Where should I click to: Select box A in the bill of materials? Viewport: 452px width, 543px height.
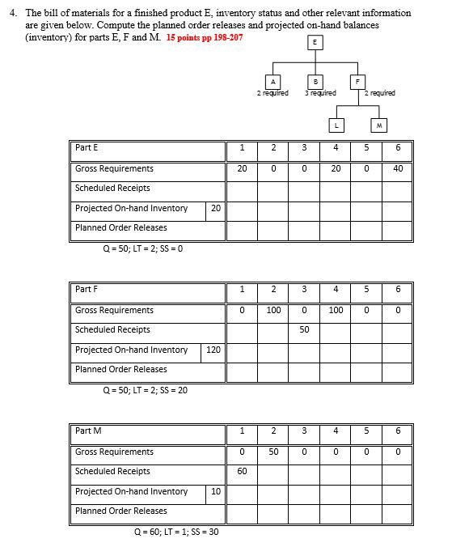274,81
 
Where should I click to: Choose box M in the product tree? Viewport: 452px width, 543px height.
378,125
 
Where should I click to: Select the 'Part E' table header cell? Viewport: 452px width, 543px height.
149,148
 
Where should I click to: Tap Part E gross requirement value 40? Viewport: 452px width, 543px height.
398,169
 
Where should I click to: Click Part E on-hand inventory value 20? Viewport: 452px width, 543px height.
215,208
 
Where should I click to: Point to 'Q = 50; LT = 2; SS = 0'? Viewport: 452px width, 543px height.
142,248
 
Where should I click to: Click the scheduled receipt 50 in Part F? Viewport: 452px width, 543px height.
304,330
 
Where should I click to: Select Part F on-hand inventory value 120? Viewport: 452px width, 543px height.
214,350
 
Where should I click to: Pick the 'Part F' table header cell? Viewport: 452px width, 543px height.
149,290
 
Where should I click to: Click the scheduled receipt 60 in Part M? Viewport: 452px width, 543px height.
243,471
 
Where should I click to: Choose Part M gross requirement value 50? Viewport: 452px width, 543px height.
273,452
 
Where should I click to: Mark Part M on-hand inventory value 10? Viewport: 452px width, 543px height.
215,491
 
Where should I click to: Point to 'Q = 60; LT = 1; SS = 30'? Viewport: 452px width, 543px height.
176,531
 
